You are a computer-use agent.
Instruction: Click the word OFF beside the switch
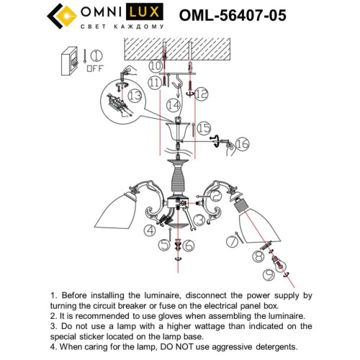tap(93, 71)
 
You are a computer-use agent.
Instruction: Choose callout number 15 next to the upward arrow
tap(204, 127)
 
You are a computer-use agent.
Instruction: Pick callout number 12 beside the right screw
tap(201, 91)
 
